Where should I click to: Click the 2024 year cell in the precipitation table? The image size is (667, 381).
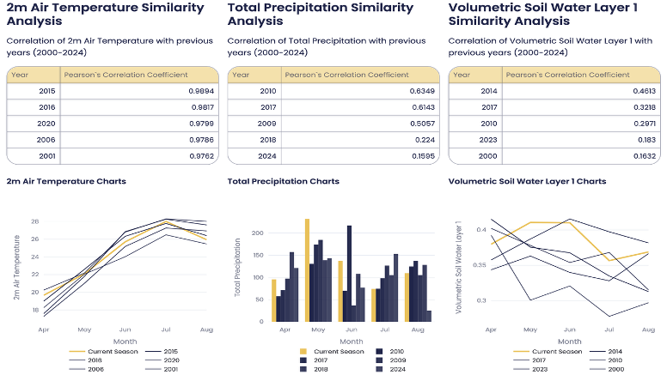[x=268, y=157]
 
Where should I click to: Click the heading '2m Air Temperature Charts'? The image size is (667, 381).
[x=66, y=181]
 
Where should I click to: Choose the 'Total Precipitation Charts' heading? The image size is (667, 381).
[x=283, y=181]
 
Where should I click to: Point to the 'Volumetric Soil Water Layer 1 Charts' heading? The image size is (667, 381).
[x=527, y=181]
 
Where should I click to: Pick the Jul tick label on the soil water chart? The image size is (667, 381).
[x=607, y=330]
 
